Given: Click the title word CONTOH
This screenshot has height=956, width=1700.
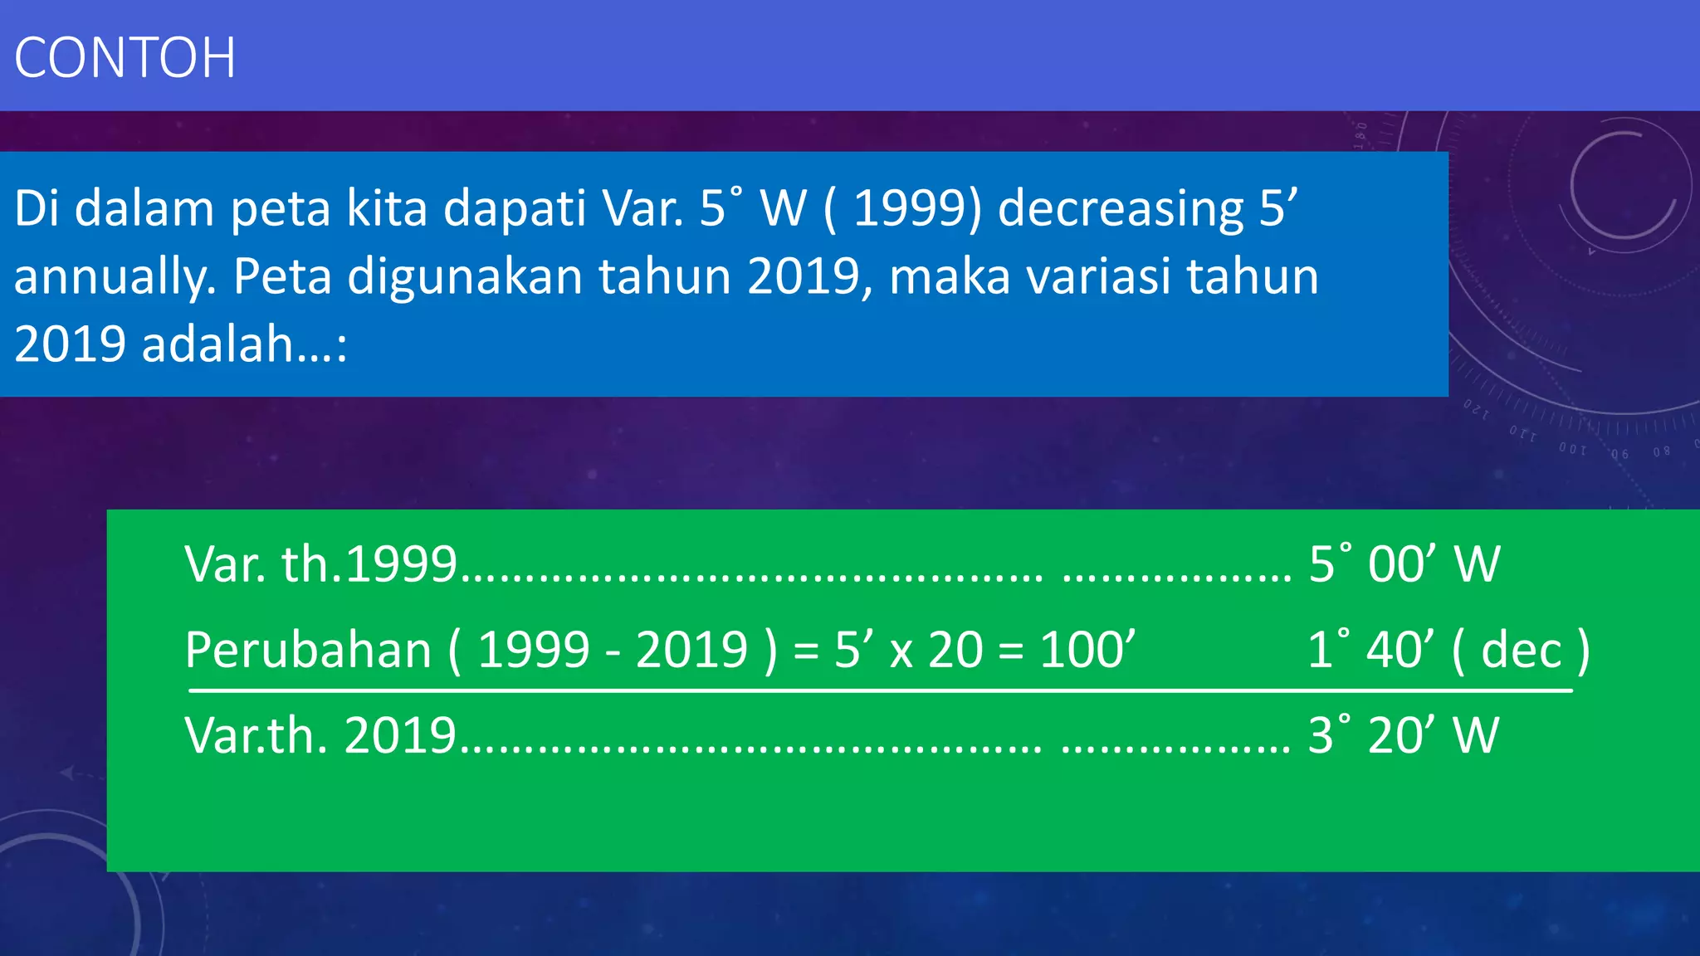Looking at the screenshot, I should click(125, 58).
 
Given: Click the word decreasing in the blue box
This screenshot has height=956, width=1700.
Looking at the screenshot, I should click(1121, 209).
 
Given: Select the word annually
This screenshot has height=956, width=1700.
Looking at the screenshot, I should click(115, 277).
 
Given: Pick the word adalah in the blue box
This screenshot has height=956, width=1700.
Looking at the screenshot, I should click(217, 344).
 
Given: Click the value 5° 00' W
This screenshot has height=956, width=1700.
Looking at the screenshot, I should click(1404, 564).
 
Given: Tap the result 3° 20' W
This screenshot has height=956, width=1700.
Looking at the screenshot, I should click(1403, 735).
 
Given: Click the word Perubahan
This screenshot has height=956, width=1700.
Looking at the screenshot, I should click(308, 649).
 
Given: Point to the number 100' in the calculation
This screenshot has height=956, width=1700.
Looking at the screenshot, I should click(1087, 649).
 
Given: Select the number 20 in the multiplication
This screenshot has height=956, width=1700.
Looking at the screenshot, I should click(955, 649).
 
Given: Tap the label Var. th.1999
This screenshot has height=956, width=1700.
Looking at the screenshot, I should click(320, 564).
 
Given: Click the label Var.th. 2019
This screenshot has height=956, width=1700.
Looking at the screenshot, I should click(320, 735).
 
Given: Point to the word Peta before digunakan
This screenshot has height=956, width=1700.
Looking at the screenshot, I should click(282, 277).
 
